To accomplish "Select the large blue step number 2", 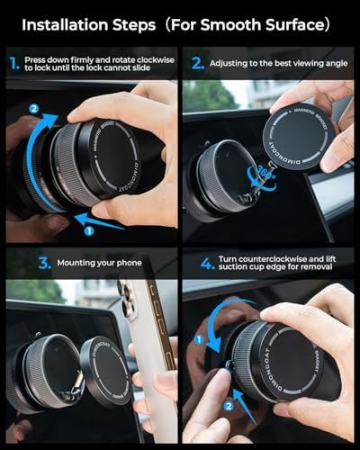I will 196,64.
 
